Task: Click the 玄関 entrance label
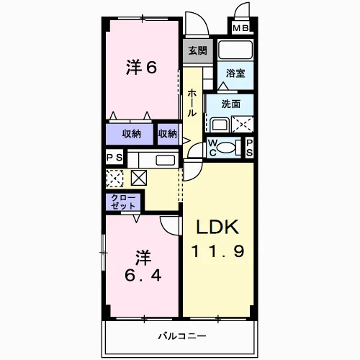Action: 197,50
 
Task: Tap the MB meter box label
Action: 240,28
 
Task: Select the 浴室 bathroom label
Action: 235,73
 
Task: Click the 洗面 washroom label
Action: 231,104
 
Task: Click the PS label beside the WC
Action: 249,148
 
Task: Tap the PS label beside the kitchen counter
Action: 114,158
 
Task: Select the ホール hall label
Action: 192,103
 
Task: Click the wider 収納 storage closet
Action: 130,134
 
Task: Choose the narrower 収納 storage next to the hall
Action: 168,134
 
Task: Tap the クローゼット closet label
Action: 123,202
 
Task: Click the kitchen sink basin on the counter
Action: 166,160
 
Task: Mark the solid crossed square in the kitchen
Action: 139,178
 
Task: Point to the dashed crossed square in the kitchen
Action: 114,178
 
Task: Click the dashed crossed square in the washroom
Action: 243,124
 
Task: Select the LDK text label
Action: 217,227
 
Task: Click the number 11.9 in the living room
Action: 217,251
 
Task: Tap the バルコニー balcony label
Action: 182,336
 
